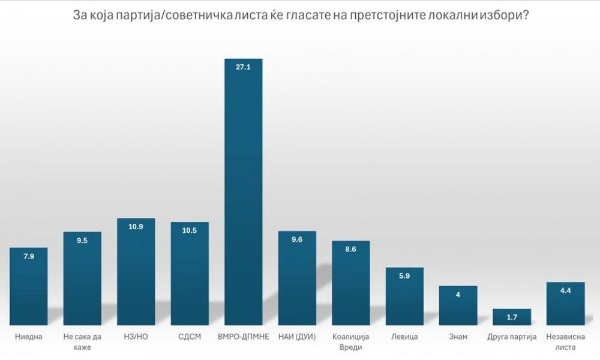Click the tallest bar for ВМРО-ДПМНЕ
pos(244,192)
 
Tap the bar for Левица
pos(404,296)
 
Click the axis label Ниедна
pos(29,337)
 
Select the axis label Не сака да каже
pos(82,342)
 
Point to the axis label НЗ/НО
pos(136,337)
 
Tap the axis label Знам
pos(458,337)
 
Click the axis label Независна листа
pos(566,342)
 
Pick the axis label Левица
pos(404,337)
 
